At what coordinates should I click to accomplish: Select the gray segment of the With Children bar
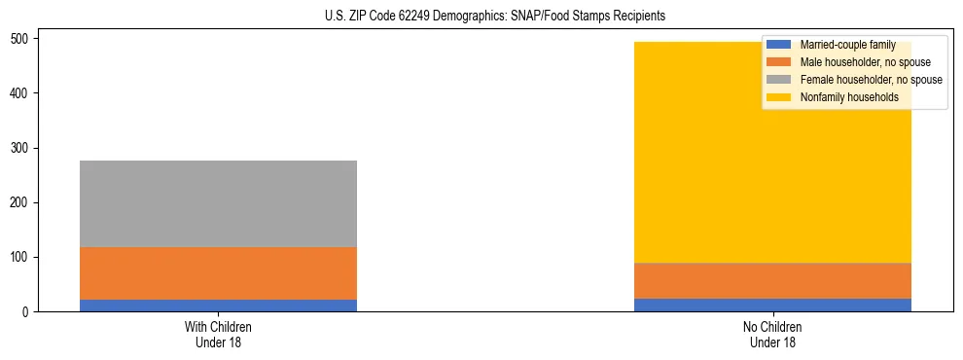(218, 203)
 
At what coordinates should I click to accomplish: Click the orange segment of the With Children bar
(218, 272)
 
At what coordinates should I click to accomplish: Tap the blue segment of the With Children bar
(218, 305)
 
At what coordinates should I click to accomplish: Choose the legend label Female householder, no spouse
(871, 80)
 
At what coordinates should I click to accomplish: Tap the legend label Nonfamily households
(849, 97)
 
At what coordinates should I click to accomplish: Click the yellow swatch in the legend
(779, 97)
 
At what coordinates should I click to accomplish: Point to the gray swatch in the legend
(779, 80)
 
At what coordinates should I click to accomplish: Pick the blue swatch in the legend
(779, 45)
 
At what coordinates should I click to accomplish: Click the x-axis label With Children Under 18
(218, 334)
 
